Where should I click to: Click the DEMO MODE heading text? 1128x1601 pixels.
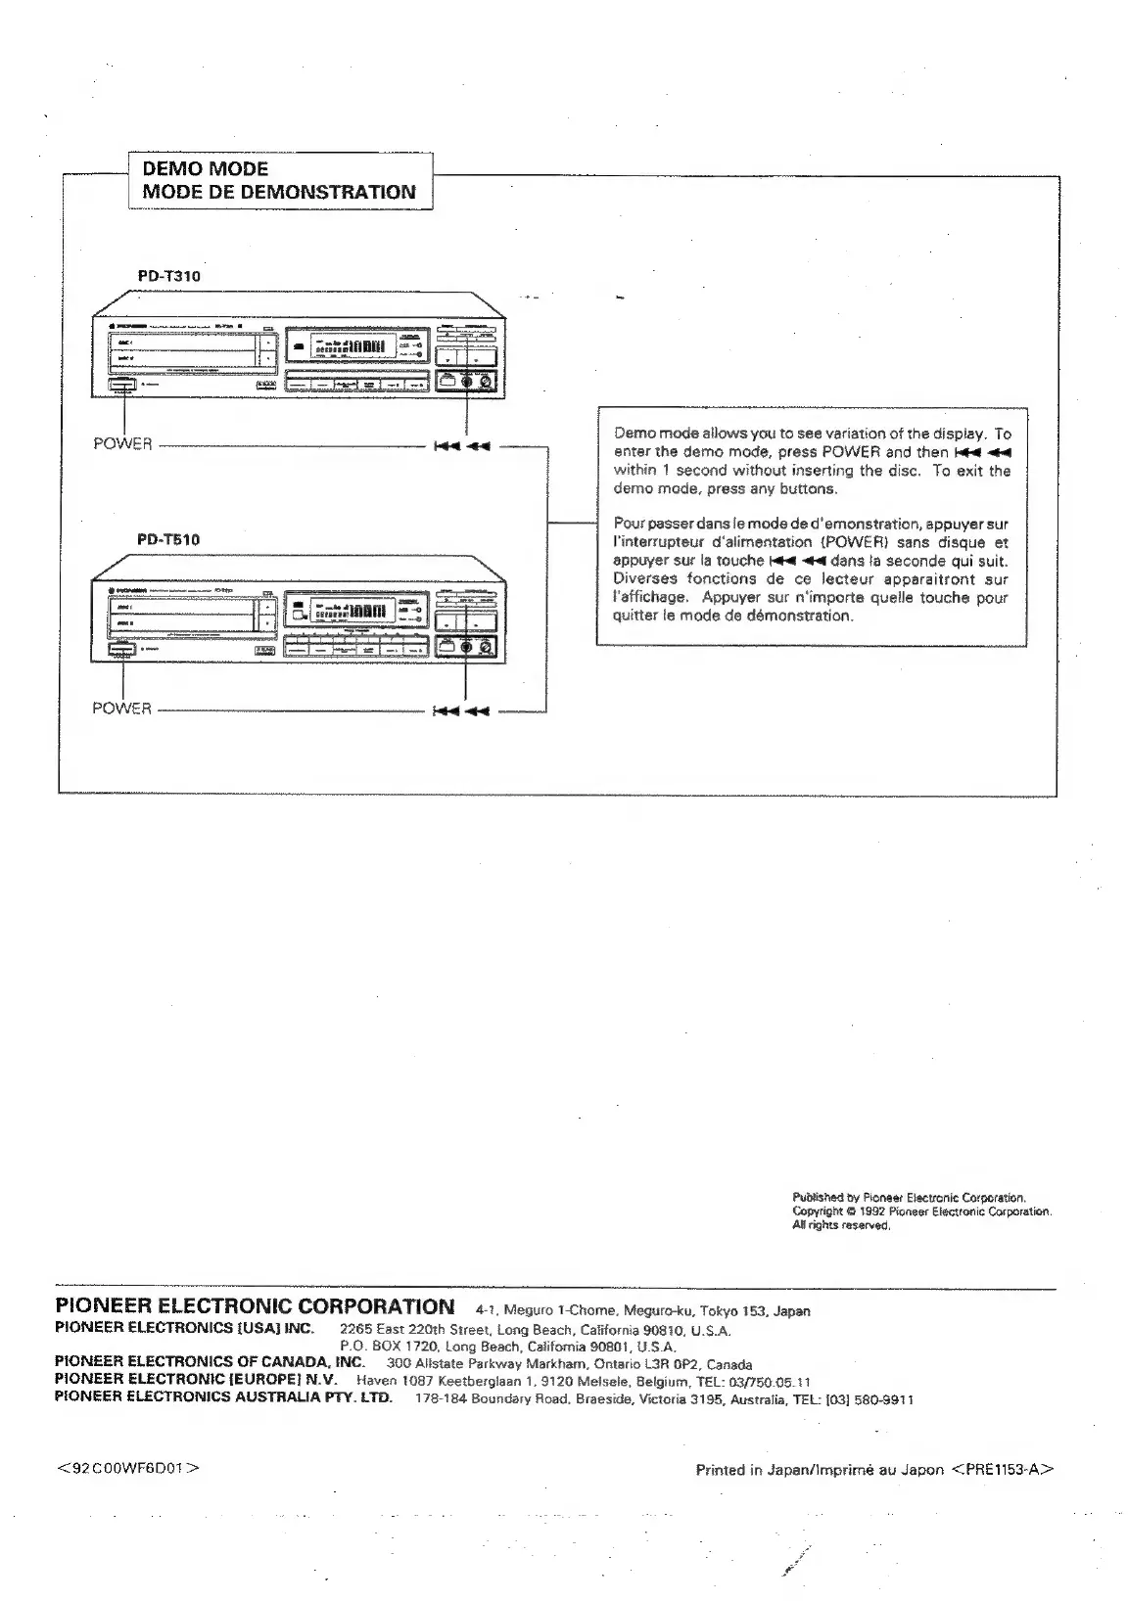(205, 168)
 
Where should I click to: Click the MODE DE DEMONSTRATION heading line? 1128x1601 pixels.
(279, 192)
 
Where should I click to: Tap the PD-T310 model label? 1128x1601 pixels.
(168, 276)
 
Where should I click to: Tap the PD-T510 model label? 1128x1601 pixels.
(168, 539)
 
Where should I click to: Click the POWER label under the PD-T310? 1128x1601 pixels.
(122, 444)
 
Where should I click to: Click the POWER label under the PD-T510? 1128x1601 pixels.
(121, 709)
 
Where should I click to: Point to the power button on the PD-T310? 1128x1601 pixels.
(122, 388)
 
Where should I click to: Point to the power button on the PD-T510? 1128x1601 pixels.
(122, 649)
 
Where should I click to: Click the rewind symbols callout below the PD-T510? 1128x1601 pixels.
(461, 709)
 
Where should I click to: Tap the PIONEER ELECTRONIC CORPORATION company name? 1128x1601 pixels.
(256, 1306)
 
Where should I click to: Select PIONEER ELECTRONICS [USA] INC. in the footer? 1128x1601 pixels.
(184, 1328)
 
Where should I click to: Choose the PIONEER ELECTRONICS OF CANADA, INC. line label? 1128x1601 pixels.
(210, 1361)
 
